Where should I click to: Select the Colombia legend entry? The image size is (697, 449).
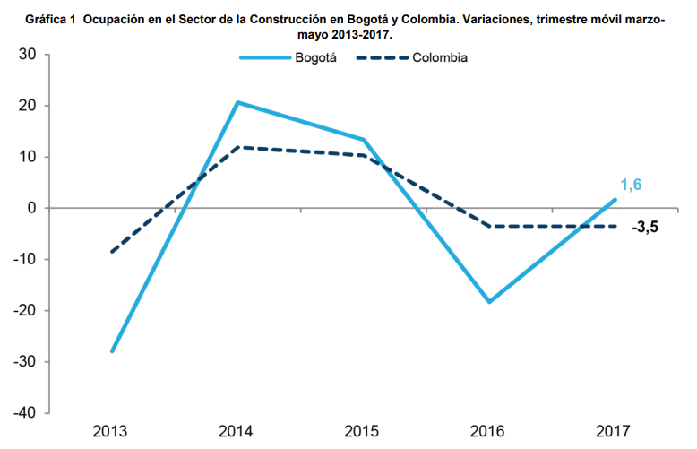(440, 58)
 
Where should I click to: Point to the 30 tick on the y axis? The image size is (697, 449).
(26, 55)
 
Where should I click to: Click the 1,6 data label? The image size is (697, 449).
(632, 185)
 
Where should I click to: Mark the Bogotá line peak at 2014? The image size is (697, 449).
(238, 102)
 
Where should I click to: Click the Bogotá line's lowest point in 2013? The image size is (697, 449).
(112, 351)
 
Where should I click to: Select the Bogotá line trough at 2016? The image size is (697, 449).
(490, 302)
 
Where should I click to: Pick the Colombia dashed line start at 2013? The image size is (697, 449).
(112, 252)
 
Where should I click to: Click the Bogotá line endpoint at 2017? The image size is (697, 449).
(615, 200)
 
